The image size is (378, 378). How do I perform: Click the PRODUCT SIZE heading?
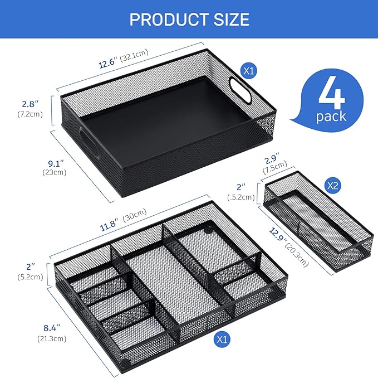pos(189,20)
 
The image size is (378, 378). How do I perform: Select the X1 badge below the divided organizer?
pos(223,338)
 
